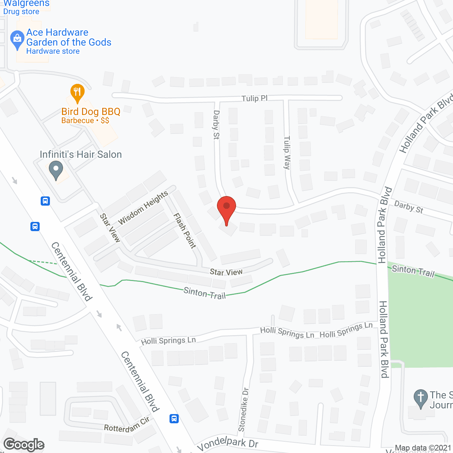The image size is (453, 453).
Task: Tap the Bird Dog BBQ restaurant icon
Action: (77, 93)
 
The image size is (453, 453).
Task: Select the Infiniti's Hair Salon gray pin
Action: (56, 170)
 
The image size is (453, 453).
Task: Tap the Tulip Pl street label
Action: (254, 98)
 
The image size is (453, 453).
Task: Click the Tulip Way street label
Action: (287, 153)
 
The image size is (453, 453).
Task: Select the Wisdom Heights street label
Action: (143, 208)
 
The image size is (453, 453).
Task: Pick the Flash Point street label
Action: (184, 231)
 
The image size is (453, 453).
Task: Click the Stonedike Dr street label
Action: (243, 410)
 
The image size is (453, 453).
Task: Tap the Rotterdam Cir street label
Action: (127, 425)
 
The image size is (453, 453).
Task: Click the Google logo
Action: (24, 445)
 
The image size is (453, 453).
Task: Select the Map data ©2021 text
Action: (423, 448)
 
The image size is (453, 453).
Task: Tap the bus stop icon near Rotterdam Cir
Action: (174, 419)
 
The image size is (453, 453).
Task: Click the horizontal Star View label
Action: (226, 272)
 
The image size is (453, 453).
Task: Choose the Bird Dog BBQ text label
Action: (91, 112)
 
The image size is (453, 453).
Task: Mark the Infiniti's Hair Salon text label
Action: (81, 154)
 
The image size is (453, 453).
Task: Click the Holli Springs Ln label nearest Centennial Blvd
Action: (168, 341)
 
